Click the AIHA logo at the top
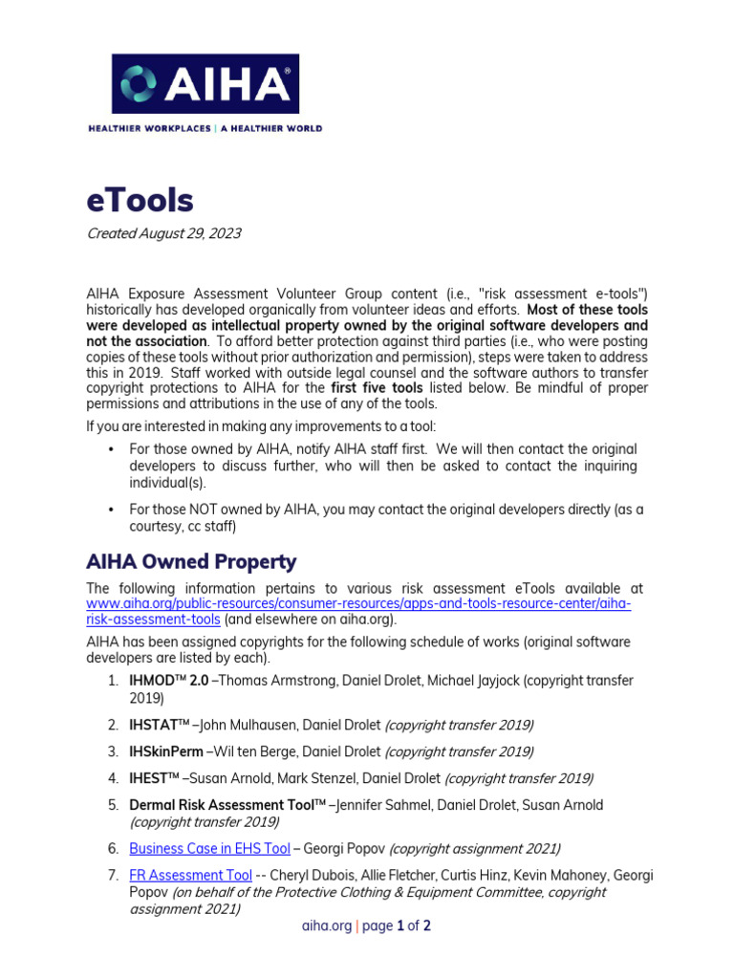click(205, 83)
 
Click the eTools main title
click(140, 201)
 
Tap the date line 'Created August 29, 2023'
click(163, 233)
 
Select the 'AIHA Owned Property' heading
click(191, 561)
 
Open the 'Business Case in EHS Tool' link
click(209, 848)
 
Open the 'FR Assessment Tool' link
click(190, 875)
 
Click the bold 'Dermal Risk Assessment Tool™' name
click(227, 805)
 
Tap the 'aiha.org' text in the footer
click(327, 925)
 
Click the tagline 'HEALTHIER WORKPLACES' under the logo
click(148, 128)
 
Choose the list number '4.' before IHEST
click(112, 778)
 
